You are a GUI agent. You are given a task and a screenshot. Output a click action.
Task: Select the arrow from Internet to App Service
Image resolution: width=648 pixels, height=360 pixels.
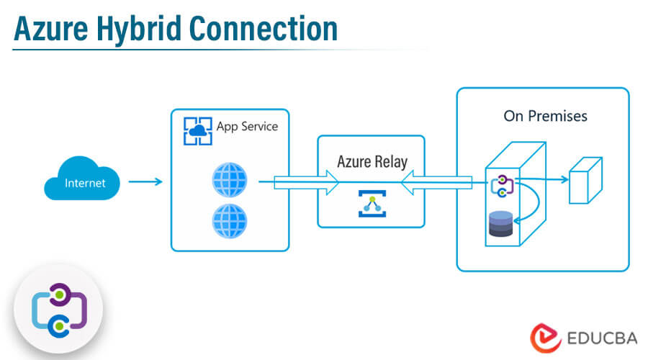(x=146, y=181)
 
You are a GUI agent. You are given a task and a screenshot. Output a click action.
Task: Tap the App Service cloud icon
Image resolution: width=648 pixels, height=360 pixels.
(x=197, y=130)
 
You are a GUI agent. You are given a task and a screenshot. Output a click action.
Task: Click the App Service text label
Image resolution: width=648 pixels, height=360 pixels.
(x=247, y=127)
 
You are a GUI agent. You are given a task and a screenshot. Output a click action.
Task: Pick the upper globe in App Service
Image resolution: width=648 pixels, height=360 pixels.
(x=230, y=180)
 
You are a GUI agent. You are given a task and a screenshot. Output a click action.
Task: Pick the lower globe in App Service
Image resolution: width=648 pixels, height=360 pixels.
(x=230, y=222)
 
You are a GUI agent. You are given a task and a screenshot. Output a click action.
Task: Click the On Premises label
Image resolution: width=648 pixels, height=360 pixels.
(x=545, y=115)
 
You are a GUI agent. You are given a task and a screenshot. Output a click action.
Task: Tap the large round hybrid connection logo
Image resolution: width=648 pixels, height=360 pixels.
(x=58, y=310)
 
